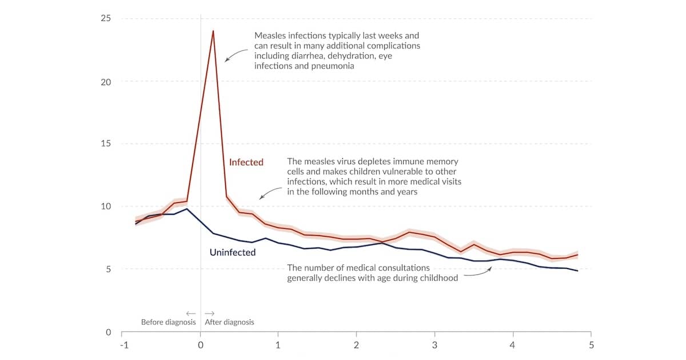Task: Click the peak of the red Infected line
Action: point(213,31)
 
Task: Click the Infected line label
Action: point(246,162)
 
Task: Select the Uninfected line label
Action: point(233,252)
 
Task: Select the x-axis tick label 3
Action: point(435,345)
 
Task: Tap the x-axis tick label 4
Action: point(513,345)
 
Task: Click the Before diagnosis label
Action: point(168,322)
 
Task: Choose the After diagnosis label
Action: point(229,322)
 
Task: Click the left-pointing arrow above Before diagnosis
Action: point(191,313)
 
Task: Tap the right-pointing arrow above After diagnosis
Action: point(210,313)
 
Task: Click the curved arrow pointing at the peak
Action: point(234,55)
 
